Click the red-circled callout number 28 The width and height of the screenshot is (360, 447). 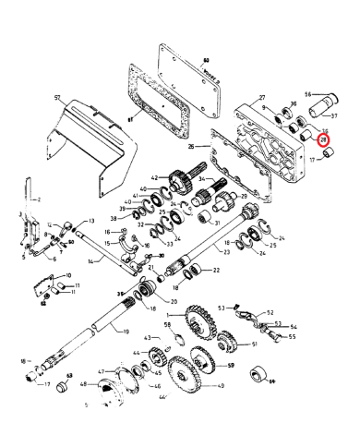tap(323, 140)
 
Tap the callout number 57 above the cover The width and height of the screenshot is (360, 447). tap(57, 98)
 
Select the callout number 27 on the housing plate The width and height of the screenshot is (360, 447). tap(261, 98)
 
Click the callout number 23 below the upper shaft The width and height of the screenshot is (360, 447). tap(224, 251)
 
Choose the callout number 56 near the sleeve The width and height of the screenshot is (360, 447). tap(309, 94)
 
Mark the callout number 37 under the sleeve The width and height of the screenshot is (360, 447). tap(335, 116)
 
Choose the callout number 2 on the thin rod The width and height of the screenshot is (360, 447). tap(38, 199)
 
